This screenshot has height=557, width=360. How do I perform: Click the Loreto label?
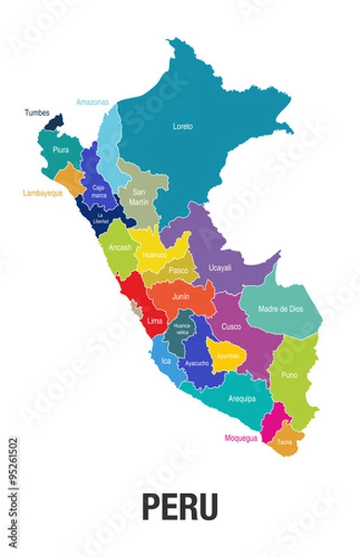point(183,125)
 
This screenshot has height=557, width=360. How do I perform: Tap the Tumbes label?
point(37,113)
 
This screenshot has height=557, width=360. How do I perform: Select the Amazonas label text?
point(92,101)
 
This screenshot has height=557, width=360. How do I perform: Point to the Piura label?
point(60,149)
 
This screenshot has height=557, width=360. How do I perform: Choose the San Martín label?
point(139,197)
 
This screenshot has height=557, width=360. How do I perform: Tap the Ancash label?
point(120,248)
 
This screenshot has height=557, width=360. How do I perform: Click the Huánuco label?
point(155,254)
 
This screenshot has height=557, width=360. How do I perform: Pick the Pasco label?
point(178,270)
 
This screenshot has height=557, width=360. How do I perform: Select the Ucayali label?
point(220,267)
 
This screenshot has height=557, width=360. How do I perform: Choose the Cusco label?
point(231,327)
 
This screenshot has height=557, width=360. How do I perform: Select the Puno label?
point(289,376)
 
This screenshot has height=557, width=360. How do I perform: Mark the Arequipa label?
point(241,398)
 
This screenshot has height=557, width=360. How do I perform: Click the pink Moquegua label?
point(240,437)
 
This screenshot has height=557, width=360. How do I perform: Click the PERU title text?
point(180,506)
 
